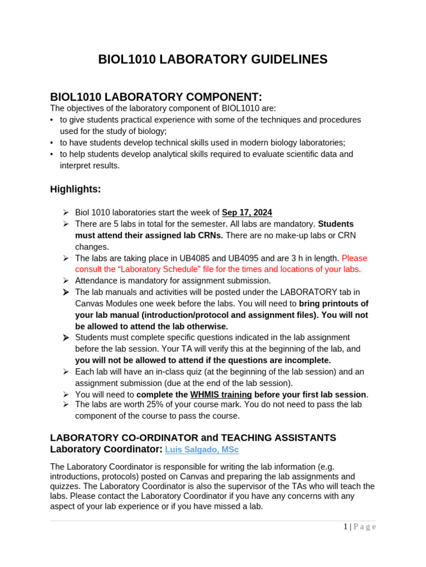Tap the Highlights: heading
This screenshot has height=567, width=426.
click(75, 189)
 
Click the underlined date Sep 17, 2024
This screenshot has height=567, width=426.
click(247, 213)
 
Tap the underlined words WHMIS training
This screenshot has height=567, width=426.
click(221, 395)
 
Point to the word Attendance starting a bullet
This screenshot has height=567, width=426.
click(98, 281)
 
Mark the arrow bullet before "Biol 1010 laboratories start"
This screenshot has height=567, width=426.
click(65, 213)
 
